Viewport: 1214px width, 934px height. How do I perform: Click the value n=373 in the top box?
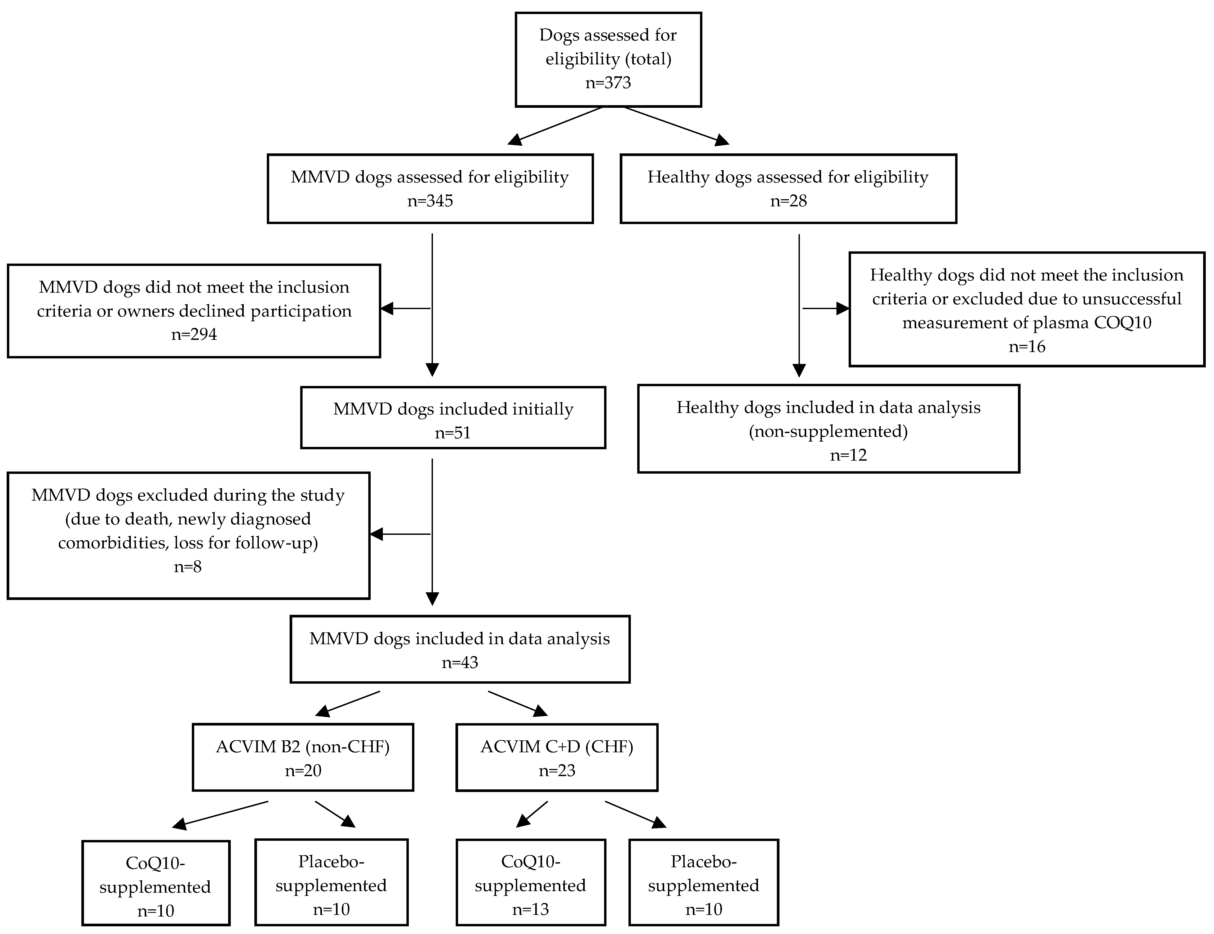point(608,83)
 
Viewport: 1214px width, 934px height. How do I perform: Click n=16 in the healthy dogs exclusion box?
point(1027,347)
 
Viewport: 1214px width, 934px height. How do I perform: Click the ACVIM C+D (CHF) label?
point(556,747)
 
